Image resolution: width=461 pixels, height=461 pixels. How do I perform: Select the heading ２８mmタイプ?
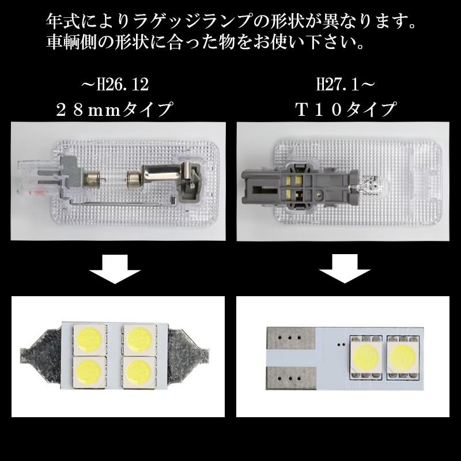(115, 109)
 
